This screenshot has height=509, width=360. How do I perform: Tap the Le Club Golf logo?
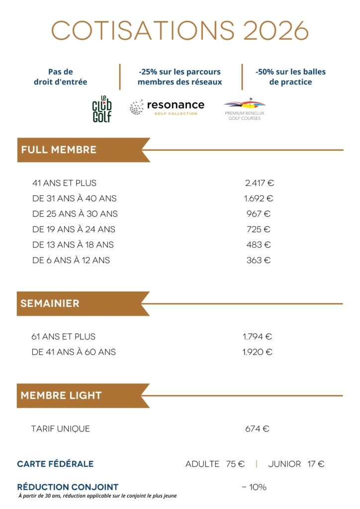tap(102, 109)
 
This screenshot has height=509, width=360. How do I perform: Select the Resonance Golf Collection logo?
tap(167, 107)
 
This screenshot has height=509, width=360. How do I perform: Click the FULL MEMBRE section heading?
tap(59, 150)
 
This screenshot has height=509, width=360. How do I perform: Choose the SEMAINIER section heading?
tap(50, 304)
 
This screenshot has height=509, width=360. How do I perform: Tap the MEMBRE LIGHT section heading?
tap(61, 396)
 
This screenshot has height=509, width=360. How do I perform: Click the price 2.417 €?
tap(260, 183)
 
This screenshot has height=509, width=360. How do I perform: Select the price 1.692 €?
tap(259, 198)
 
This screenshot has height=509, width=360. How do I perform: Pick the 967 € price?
tap(259, 214)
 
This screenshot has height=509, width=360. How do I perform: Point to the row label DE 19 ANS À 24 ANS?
tap(74, 229)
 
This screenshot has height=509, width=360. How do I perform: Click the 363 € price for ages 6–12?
tap(259, 260)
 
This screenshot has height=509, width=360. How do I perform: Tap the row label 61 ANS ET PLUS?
tap(63, 337)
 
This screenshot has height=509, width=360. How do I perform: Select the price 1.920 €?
tap(258, 352)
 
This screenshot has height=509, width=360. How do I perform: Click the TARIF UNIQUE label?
tap(61, 428)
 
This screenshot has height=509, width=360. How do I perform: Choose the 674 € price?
tap(258, 428)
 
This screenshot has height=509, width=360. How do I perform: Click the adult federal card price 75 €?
tap(235, 464)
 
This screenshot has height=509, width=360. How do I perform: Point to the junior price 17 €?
tap(316, 464)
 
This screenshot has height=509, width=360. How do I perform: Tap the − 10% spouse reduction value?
tap(254, 487)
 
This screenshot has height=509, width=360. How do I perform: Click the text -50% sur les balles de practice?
tap(291, 77)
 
